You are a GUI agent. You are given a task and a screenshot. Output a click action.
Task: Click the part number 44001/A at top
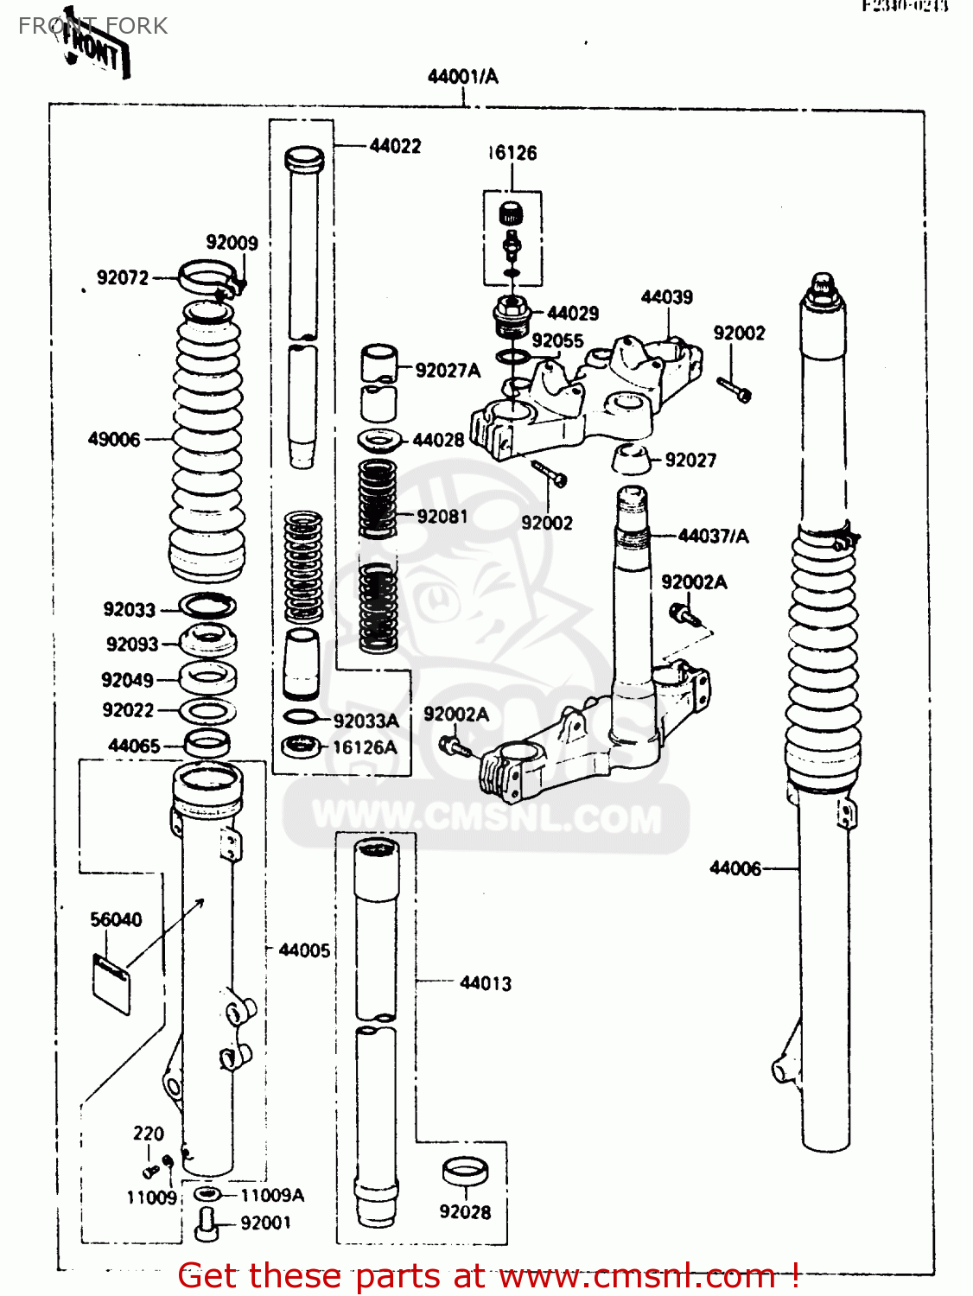462,77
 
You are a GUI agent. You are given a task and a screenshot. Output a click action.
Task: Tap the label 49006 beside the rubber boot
113,440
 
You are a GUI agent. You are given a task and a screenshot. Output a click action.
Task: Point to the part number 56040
116,920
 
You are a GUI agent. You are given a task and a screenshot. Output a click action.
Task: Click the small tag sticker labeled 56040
111,982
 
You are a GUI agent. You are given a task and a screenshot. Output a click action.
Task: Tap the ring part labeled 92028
465,1173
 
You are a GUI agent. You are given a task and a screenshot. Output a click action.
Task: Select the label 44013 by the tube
485,983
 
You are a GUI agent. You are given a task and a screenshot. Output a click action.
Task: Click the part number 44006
735,868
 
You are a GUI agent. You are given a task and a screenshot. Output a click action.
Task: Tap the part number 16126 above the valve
512,154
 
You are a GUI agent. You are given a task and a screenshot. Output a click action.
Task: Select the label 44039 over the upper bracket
666,297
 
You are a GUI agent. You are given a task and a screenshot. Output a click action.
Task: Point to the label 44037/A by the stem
713,537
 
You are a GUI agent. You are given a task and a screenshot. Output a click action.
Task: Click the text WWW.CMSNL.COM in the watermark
487,817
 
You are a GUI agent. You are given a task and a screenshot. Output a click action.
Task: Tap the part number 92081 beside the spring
442,517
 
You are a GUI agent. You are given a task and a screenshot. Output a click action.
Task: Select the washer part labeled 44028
381,440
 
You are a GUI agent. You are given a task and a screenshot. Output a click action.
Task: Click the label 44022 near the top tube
395,146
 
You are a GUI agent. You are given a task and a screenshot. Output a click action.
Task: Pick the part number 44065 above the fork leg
134,746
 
